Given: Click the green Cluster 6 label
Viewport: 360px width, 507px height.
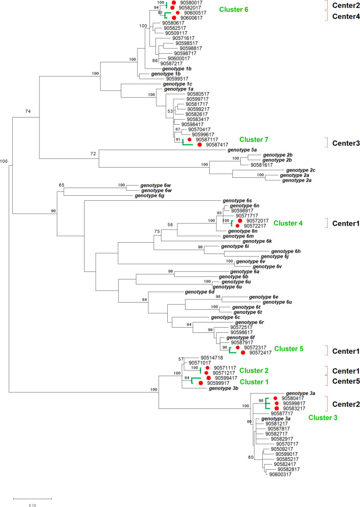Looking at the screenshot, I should pos(234,10).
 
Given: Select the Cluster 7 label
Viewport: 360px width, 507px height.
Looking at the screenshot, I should pos(254,140).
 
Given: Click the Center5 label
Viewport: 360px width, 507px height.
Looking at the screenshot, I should pos(342,380).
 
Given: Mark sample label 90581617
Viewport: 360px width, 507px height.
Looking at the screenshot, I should pos(261,165).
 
